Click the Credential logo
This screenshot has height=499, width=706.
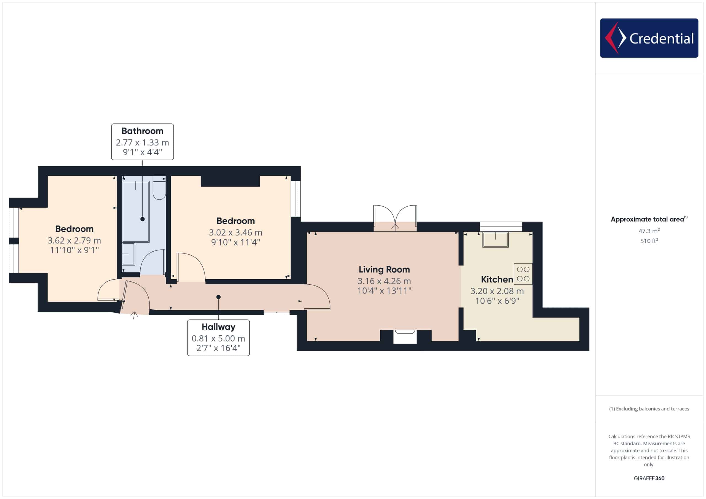coord(649,38)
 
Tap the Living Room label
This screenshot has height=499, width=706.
coord(384,269)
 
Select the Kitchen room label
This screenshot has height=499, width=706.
coord(497,280)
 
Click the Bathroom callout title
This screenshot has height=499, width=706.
coord(142,131)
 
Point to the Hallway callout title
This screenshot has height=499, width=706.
coord(218,327)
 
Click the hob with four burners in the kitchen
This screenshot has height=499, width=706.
coord(523,274)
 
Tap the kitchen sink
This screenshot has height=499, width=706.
coord(495,240)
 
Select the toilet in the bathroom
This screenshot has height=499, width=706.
coord(159,188)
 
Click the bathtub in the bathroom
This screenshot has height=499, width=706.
coord(136,211)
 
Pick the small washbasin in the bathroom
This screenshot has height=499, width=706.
coord(129,254)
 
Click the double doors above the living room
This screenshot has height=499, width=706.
coord(395,218)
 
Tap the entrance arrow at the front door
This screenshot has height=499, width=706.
coord(134,315)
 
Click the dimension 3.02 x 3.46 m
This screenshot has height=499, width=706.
coord(236,233)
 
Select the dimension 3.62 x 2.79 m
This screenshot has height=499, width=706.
coord(74,241)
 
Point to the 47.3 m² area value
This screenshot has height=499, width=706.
coord(649,231)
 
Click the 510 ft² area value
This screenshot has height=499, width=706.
coord(649,241)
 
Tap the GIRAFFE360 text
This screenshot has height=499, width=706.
coord(649,478)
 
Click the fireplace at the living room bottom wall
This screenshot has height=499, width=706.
coord(405,337)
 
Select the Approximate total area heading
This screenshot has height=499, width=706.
coord(649,219)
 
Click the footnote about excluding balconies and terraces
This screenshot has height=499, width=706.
coord(649,409)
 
